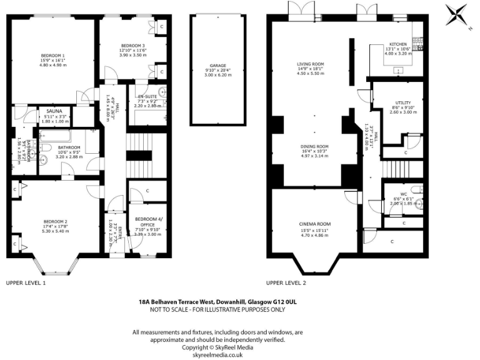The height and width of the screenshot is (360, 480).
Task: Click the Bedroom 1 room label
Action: coord(52,56)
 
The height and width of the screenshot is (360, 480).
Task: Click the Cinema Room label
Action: coord(315,224)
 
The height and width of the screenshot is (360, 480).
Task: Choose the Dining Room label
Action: coord(314,147)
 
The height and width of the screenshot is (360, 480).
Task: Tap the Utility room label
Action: coord(402,102)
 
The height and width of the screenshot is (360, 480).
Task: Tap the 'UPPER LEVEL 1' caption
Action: coord(26,283)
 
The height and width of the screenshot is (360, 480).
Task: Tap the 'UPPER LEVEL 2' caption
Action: coord(286,283)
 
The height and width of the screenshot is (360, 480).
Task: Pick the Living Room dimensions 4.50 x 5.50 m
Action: coord(310,74)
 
